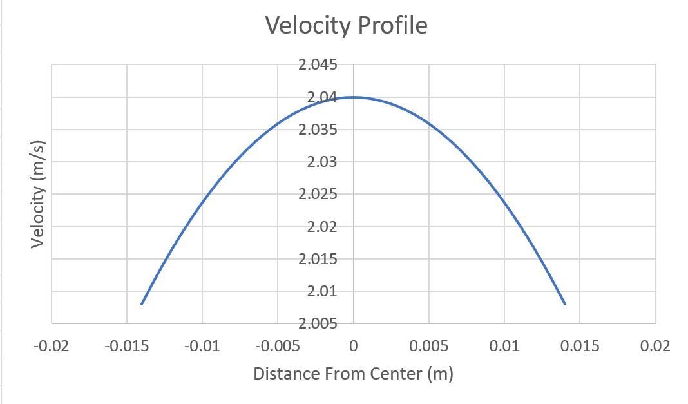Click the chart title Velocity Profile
tap(346, 25)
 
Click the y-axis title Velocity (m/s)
tap(37, 193)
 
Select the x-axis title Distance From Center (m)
tap(353, 374)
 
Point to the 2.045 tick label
tap(318, 64)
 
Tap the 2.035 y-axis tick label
tap(318, 130)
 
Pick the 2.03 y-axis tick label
tap(321, 162)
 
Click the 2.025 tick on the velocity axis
tap(318, 194)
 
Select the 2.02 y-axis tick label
tap(321, 226)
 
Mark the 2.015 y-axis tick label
tap(318, 259)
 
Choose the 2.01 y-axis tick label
tap(321, 291)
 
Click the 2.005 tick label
tap(318, 323)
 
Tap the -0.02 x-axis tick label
tap(52, 346)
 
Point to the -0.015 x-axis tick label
tap(127, 346)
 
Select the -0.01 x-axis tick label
tap(202, 346)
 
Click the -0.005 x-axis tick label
tap(278, 346)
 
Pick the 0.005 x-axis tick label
tap(428, 346)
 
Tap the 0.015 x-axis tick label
tap(580, 346)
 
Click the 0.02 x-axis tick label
tap(655, 346)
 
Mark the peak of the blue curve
tap(354, 97)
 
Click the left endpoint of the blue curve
tap(142, 303)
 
